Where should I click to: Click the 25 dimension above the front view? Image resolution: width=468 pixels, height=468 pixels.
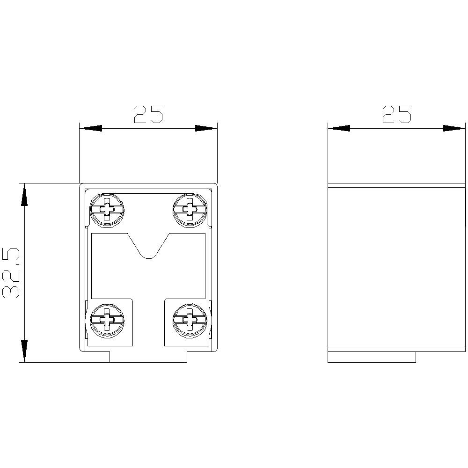click(x=148, y=114)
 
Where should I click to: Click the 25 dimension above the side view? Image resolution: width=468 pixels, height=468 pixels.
click(x=397, y=114)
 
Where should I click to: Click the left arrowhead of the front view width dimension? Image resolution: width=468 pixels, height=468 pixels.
click(x=91, y=128)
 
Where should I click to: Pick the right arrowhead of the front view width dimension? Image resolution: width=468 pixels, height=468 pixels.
click(x=206, y=128)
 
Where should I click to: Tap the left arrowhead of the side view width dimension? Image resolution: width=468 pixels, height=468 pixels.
click(x=339, y=128)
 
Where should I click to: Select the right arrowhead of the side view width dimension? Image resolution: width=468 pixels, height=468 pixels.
click(x=454, y=128)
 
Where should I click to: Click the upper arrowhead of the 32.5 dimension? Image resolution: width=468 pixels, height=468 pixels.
click(x=24, y=194)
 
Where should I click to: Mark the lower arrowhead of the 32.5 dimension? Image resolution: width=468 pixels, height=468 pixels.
click(x=24, y=351)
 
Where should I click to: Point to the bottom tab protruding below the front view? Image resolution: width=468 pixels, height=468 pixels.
click(x=148, y=357)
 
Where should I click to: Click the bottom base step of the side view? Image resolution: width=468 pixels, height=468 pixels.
click(x=372, y=357)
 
